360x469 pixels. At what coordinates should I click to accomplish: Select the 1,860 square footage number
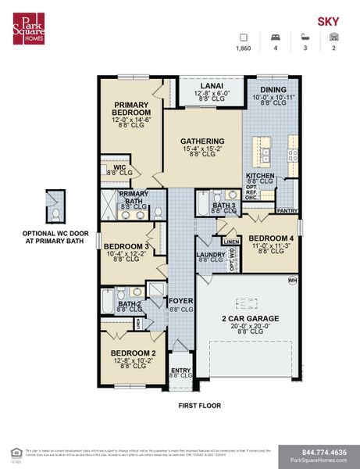coord(244,48)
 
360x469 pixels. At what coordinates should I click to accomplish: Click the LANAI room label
coord(212,86)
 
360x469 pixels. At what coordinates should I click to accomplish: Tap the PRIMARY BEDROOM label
coord(131,108)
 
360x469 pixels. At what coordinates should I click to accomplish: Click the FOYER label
coord(180,300)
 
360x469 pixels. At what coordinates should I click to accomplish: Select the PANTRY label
coord(287,210)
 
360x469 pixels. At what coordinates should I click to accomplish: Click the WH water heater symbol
coord(293,280)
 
